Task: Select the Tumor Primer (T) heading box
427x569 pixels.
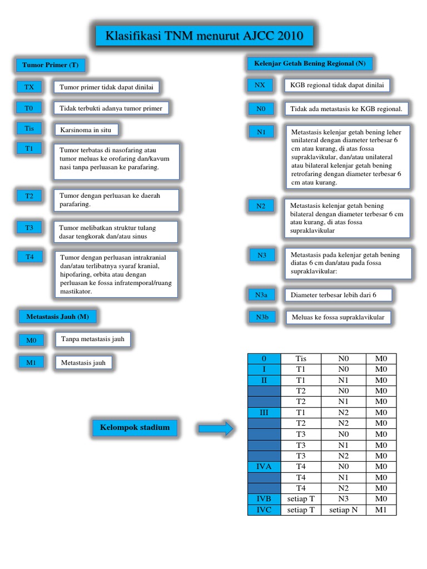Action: click(x=50, y=65)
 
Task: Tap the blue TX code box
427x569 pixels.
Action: click(x=29, y=87)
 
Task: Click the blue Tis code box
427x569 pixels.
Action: click(x=29, y=128)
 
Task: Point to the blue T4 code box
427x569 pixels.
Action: click(x=29, y=257)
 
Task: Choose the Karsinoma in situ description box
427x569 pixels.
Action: click(x=87, y=130)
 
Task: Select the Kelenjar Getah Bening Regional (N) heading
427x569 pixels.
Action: click(x=310, y=63)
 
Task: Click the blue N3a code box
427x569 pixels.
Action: click(x=261, y=295)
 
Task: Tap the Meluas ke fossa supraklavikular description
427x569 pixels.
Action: click(x=338, y=318)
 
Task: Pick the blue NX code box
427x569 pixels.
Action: click(x=260, y=85)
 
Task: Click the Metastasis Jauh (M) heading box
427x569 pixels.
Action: click(x=57, y=317)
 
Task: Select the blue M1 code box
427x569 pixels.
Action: click(x=31, y=362)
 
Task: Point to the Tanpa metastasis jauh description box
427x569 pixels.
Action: click(x=92, y=339)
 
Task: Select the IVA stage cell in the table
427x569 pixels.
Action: click(x=264, y=467)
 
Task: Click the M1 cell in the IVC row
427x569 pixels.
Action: click(x=381, y=510)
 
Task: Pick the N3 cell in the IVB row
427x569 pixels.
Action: click(x=343, y=499)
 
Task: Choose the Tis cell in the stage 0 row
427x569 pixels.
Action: click(x=301, y=359)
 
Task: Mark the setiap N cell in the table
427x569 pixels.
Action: click(x=343, y=510)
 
